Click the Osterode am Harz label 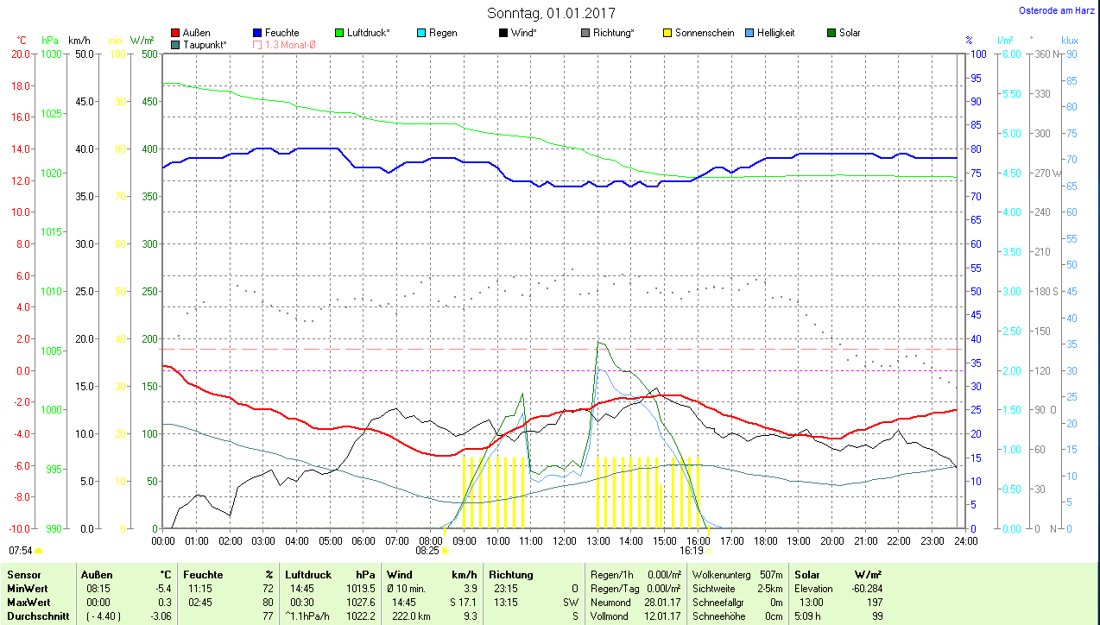click(x=1058, y=11)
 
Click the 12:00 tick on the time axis click(x=564, y=540)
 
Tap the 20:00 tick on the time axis click(x=831, y=540)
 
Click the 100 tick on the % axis click(x=979, y=54)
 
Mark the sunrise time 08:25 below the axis click(x=427, y=550)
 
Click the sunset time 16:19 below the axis click(x=691, y=550)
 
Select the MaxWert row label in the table click(x=28, y=602)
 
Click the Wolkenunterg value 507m click(x=771, y=574)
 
